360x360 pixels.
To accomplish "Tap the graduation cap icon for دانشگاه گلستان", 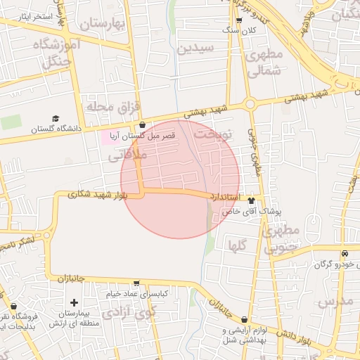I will (x=56, y=119).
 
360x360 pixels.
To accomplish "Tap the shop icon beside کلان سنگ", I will (x=239, y=21).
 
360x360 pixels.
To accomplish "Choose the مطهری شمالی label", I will (x=265, y=62).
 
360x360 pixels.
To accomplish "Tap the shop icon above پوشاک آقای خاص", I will (x=251, y=201).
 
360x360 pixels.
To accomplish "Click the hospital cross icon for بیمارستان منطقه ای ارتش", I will (x=74, y=302).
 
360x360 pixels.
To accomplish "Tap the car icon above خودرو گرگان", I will (x=344, y=254).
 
